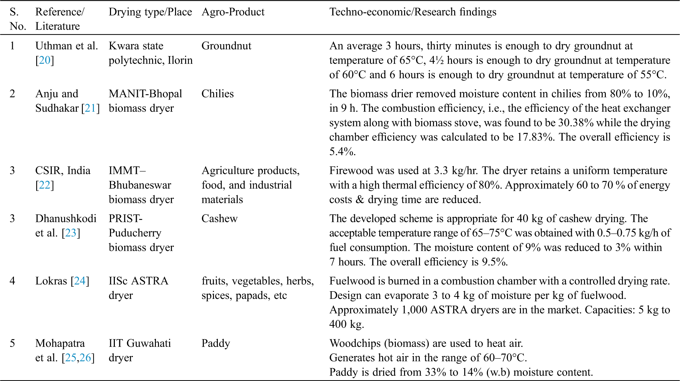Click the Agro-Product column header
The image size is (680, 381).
click(x=233, y=12)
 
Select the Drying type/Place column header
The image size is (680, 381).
click(x=150, y=12)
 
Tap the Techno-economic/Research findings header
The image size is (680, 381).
click(x=412, y=12)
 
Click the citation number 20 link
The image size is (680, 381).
click(x=45, y=60)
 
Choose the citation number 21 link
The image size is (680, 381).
click(x=90, y=108)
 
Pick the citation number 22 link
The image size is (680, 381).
click(x=45, y=185)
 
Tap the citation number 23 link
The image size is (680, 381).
click(x=71, y=233)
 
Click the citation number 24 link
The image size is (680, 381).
click(x=80, y=281)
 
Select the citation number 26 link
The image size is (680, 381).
click(x=85, y=358)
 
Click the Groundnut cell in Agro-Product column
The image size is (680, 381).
click(x=226, y=46)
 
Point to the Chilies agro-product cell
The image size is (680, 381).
click(x=218, y=94)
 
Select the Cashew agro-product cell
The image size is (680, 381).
click(x=219, y=219)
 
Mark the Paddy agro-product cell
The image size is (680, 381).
click(x=216, y=343)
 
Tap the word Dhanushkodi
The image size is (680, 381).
click(x=66, y=219)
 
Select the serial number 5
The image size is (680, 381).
click(x=13, y=343)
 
